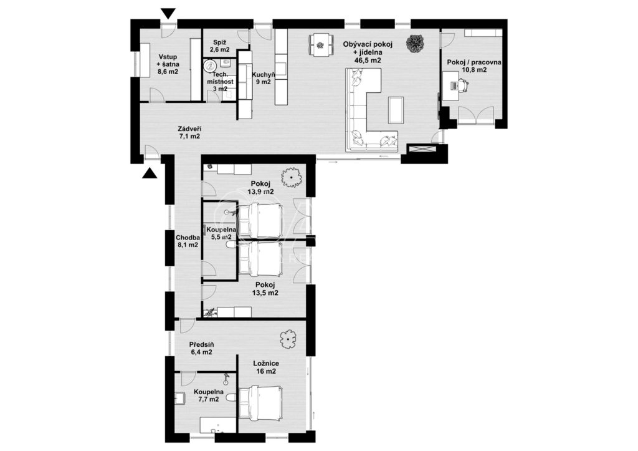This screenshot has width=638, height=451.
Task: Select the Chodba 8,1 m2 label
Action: pos(187,241)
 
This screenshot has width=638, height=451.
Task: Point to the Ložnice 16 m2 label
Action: pos(265,367)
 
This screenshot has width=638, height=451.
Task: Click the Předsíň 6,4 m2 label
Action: pos(201,347)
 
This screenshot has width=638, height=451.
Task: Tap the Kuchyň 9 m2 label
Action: pos(261,78)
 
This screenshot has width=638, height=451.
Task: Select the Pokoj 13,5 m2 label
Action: pos(264,289)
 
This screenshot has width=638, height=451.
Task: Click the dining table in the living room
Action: pos(320,44)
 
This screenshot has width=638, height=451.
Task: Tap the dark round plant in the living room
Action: pos(414,44)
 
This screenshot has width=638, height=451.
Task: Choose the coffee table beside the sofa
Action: pos(395,110)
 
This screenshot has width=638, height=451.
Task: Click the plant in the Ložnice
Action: pos(288,339)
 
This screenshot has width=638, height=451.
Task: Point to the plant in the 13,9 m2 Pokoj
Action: pos(291,178)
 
